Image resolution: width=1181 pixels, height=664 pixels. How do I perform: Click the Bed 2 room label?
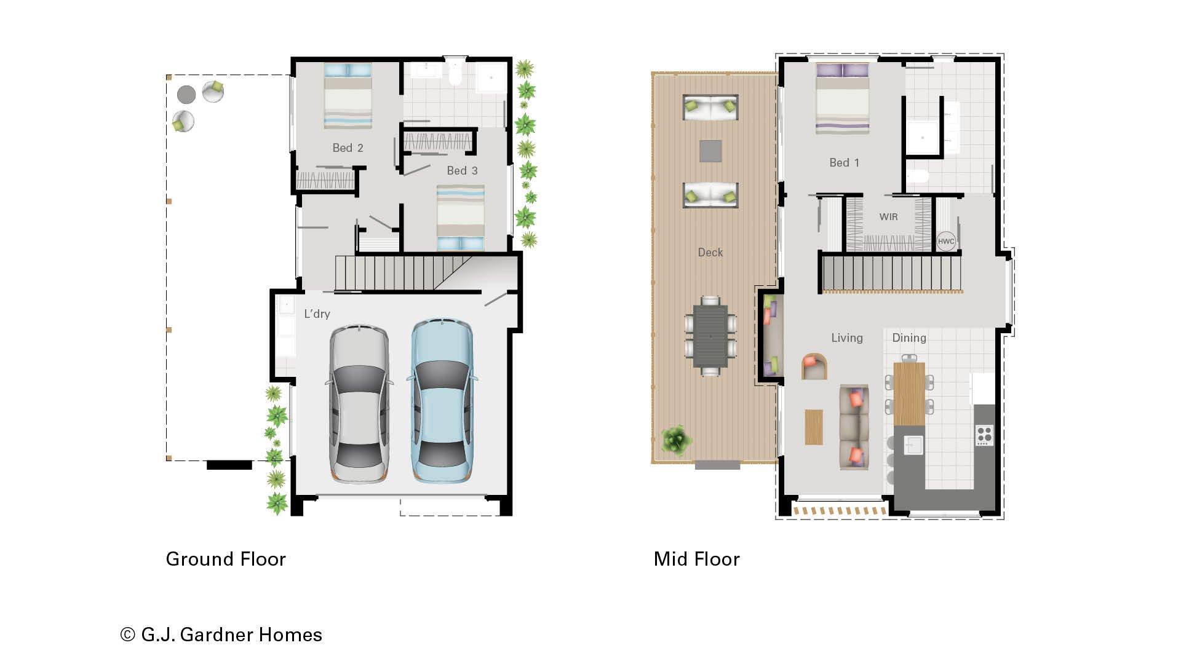coord(348,148)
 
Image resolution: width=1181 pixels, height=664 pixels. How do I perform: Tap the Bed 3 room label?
coord(462,171)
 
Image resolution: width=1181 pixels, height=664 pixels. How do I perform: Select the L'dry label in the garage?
coord(317,314)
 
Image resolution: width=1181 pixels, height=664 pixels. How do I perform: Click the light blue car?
coord(441,401)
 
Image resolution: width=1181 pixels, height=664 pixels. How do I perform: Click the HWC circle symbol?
coord(946,241)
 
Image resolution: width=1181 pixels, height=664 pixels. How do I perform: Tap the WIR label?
coord(888,217)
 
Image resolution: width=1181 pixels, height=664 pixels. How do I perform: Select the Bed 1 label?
coord(844,163)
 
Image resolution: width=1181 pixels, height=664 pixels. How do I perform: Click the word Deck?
coord(710,253)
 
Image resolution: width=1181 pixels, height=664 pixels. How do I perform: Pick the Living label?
coord(846,338)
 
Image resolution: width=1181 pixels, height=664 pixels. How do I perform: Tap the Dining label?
coord(909,338)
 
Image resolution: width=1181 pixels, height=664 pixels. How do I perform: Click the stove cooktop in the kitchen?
coord(984,435)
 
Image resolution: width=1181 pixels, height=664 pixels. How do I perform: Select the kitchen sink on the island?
coord(913,445)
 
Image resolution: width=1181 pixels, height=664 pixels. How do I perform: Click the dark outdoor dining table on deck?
coord(710,336)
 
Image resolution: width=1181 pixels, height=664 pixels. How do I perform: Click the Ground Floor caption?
coord(226,559)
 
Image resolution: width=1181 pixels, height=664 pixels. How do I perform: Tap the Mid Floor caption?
coord(696,559)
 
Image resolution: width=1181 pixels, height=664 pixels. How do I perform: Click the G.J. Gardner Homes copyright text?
coord(221,634)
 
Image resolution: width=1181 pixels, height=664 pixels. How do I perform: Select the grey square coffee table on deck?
coord(710,151)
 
